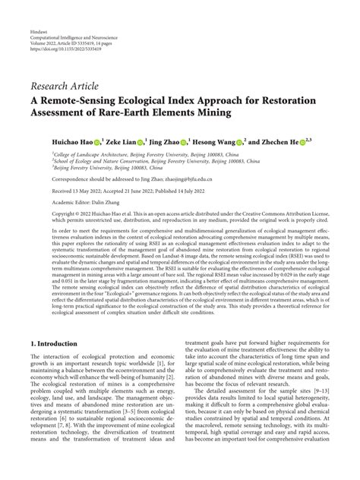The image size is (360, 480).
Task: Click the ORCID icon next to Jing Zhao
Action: (204, 141)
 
